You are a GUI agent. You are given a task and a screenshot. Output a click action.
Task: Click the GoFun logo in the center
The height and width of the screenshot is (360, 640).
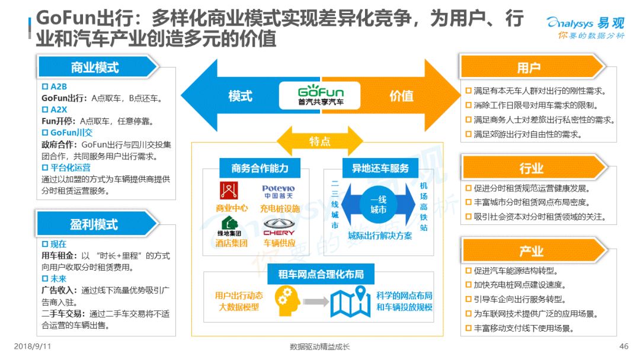coord(321,95)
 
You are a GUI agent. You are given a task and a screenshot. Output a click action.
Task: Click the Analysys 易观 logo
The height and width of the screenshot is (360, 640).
coord(585,27)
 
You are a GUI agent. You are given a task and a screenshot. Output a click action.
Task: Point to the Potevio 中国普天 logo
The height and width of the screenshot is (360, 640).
coord(278,192)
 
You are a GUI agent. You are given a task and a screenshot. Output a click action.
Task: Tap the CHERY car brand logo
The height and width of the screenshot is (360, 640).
coord(279,227)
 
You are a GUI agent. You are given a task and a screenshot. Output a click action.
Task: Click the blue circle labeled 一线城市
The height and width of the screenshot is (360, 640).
coord(378,205)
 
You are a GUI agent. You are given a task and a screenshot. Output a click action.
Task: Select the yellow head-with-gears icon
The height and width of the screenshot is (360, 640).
coord(287,301)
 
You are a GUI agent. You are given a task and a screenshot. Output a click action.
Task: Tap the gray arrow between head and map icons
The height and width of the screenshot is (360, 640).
coord(316,302)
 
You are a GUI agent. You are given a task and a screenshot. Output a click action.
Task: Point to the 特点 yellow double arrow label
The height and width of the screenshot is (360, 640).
coord(319,141)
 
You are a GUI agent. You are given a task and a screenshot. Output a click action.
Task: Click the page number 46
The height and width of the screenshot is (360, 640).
coord(623,346)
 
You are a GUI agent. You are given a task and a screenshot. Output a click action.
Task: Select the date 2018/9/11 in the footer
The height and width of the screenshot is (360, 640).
coord(32,346)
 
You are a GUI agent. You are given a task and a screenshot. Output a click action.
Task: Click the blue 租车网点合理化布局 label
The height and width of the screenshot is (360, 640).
coord(321,274)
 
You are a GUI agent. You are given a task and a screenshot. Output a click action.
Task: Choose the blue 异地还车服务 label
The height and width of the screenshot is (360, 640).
coord(380,168)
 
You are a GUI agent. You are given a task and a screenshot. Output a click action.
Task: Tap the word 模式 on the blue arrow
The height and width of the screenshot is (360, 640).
coord(240,97)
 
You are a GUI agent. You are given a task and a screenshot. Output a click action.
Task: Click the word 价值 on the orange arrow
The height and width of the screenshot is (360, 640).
coord(402,97)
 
